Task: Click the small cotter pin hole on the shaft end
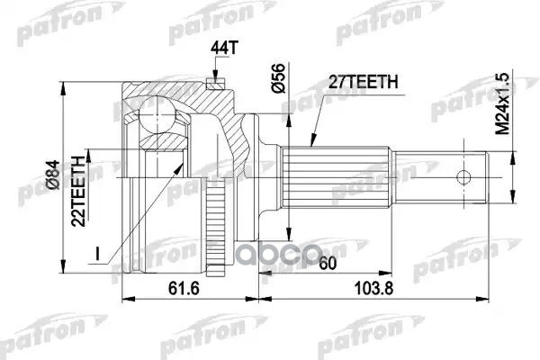pyautogui.click(x=465, y=177)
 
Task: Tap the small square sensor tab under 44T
pyautogui.click(x=214, y=84)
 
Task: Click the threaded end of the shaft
pyautogui.click(x=468, y=177)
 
